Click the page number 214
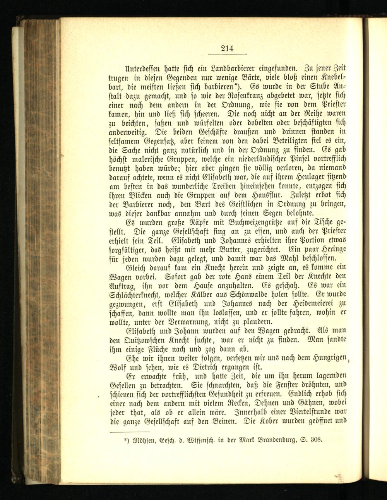227,49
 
